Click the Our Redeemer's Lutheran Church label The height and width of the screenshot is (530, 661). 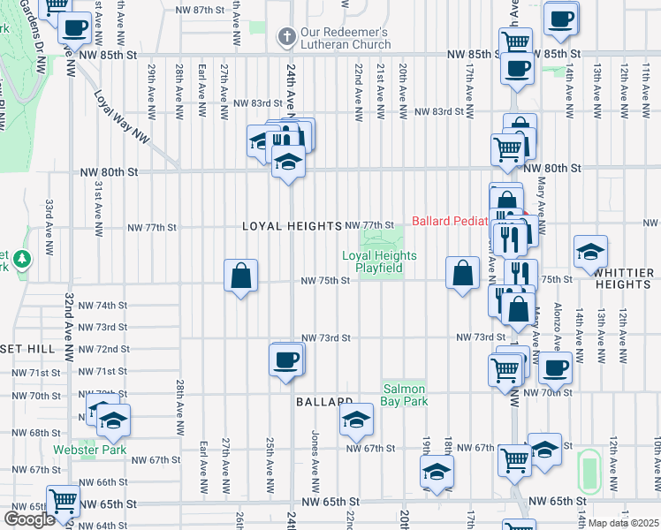345,37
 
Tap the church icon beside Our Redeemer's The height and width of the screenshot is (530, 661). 286,37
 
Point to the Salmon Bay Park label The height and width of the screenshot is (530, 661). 404,395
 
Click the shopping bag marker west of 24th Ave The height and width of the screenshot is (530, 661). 240,276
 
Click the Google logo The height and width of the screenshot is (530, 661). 30,519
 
